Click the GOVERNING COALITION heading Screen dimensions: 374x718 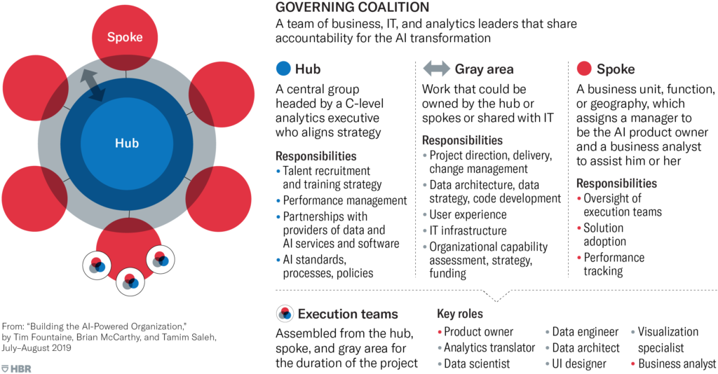click(x=352, y=8)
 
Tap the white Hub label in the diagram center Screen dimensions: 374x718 click(x=127, y=144)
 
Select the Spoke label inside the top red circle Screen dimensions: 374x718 click(x=125, y=36)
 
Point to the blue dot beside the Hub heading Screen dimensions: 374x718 click(x=283, y=69)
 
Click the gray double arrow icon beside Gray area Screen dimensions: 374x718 click(x=436, y=69)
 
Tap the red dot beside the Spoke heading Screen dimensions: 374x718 click(x=583, y=69)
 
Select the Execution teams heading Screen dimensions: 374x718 click(x=348, y=314)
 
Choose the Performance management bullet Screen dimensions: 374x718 click(x=344, y=200)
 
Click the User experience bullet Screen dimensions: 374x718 click(x=468, y=214)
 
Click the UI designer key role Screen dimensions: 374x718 click(x=578, y=363)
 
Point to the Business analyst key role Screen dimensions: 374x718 click(x=677, y=363)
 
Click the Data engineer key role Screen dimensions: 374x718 click(x=585, y=331)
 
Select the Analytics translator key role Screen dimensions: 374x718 click(x=489, y=347)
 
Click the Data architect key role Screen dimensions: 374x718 click(x=585, y=347)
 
